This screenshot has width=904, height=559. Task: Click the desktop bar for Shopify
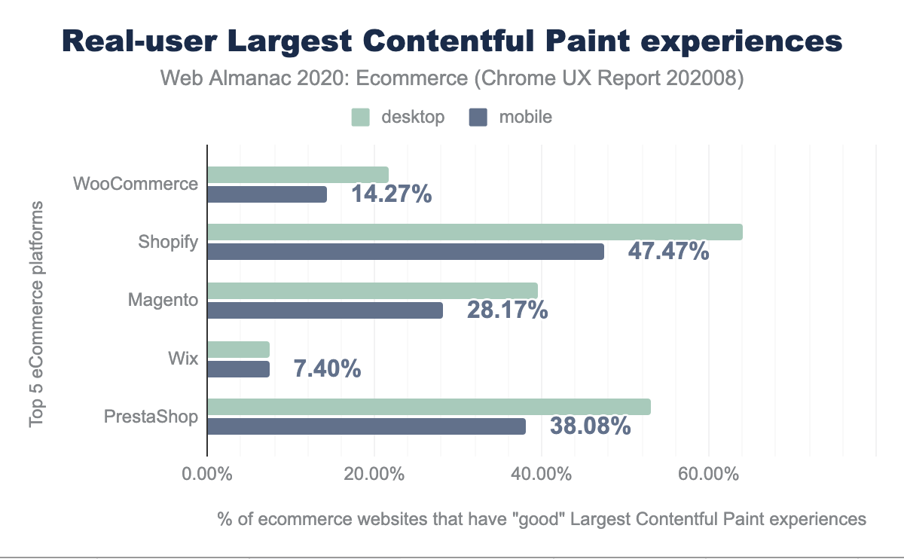(x=475, y=233)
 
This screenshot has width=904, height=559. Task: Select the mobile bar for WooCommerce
(x=267, y=194)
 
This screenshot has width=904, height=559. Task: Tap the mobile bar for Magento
(x=325, y=310)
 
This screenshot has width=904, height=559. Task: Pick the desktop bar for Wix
(x=239, y=350)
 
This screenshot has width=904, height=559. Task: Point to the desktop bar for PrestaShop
(x=429, y=408)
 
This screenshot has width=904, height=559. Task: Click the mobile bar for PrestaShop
(x=366, y=426)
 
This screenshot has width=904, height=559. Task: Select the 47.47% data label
(x=668, y=251)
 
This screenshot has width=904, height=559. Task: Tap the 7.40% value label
(x=326, y=368)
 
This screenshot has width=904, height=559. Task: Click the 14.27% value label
(x=391, y=194)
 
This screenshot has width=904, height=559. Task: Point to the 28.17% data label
(x=507, y=310)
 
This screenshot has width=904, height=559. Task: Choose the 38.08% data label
(x=590, y=426)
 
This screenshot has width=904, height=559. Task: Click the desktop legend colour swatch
(x=361, y=117)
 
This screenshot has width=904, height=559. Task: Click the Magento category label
(x=163, y=300)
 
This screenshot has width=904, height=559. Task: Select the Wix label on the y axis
(x=183, y=358)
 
